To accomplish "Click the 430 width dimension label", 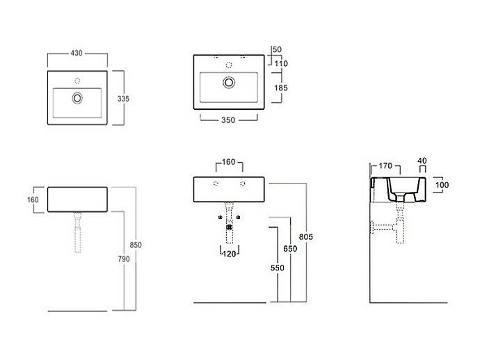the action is (77, 53).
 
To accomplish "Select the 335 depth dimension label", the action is (123, 99).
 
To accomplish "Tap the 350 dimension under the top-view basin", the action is (229, 120).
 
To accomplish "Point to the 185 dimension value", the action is (280, 88).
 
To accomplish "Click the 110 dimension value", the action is (281, 64).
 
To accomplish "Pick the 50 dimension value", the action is (277, 50).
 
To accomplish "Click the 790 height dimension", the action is (123, 260).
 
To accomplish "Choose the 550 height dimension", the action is (273, 267).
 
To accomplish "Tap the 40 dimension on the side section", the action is (422, 161).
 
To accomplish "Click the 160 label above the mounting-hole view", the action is (228, 163).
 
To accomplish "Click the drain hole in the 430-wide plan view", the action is (77, 98).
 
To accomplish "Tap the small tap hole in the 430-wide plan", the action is (77, 79).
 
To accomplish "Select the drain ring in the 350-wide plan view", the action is (228, 83).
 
